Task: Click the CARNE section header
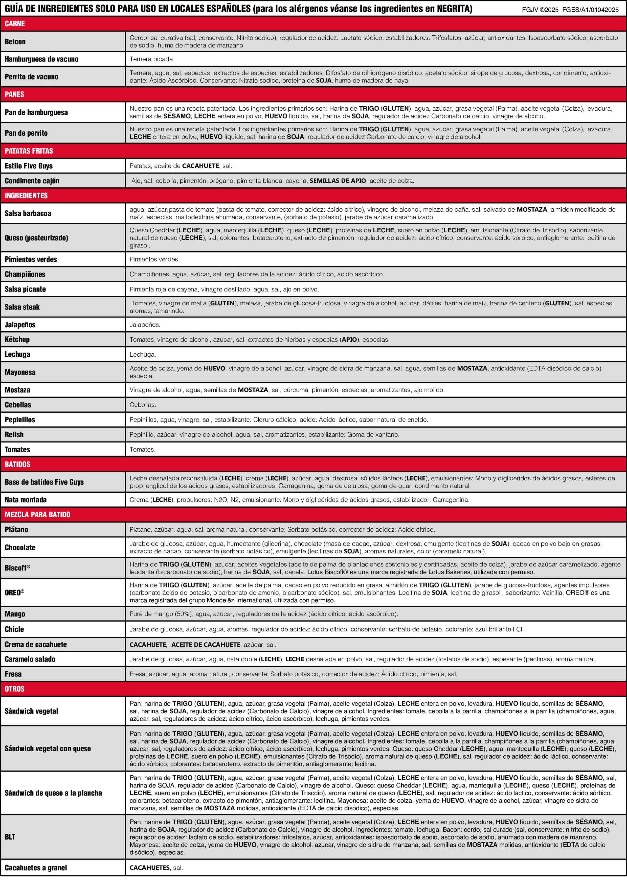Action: coord(15,23)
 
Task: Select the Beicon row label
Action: coord(15,42)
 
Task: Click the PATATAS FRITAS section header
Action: coord(29,151)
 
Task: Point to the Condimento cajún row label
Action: coord(32,181)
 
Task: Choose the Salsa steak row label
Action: coord(22,307)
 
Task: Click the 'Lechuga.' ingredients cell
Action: coord(143,354)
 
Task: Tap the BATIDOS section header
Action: coord(17,464)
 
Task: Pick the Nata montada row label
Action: coord(26,500)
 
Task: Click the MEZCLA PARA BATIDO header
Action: coord(37,514)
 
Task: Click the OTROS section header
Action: coord(14,689)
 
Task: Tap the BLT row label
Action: coord(10,836)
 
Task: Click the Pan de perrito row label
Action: coord(26,133)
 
